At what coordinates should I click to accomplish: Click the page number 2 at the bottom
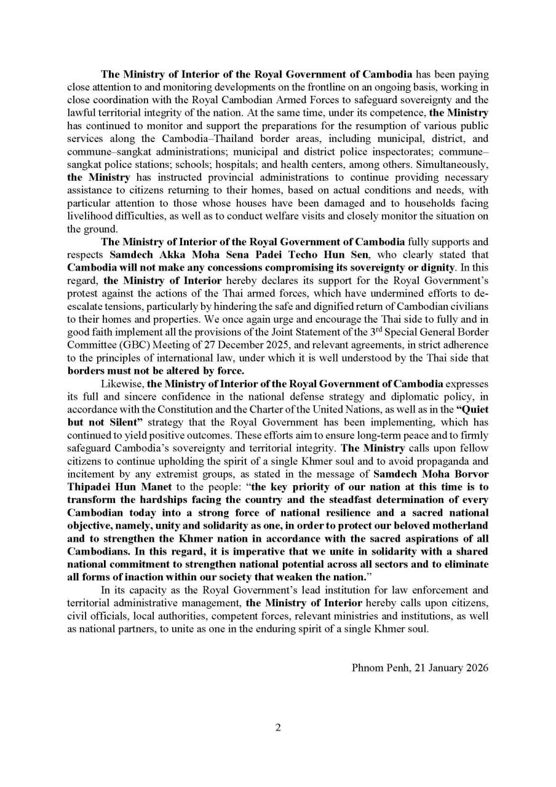point(278,728)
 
